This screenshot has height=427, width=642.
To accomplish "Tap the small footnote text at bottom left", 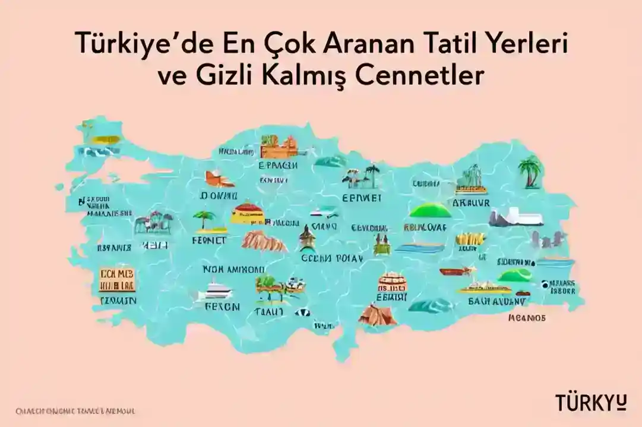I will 75,410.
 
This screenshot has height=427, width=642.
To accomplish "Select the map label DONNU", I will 219,195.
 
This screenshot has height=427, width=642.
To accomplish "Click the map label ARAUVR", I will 471,202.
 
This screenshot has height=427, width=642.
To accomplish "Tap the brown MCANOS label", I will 526,318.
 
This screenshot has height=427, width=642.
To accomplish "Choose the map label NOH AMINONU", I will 233,269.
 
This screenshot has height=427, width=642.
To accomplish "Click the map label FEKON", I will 222,307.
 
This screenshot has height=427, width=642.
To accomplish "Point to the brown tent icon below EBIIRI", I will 376,314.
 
